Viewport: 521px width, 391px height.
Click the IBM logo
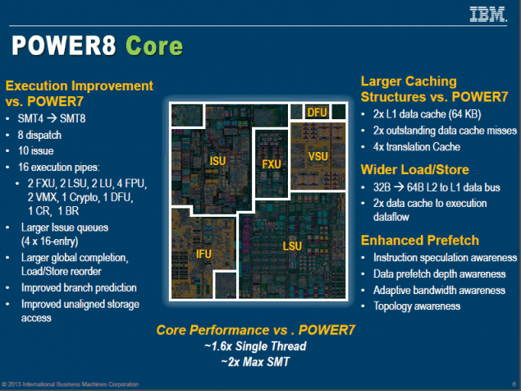[x=488, y=14]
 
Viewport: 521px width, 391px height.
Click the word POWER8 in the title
[x=64, y=45]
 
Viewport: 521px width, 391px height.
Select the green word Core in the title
[x=154, y=45]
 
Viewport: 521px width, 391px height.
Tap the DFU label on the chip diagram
[x=317, y=113]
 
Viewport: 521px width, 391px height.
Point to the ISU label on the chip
[x=217, y=161]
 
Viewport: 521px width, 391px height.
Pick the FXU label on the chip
[x=272, y=164]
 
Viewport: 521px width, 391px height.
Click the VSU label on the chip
[x=318, y=156]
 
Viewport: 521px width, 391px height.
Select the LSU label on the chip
[x=292, y=246]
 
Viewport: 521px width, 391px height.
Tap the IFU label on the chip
[x=203, y=254]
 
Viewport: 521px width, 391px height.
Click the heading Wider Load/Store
[x=415, y=170]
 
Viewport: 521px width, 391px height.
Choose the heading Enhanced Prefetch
[x=420, y=240]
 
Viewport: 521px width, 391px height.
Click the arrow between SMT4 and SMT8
[x=52, y=118]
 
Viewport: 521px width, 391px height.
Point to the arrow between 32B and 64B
[x=399, y=187]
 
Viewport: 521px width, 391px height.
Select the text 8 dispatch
[x=39, y=135]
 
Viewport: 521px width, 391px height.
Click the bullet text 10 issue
[x=35, y=151]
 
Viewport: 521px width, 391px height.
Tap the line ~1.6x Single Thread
[x=255, y=347]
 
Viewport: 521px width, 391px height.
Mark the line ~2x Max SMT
[x=255, y=361]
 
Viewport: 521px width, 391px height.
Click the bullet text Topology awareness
[x=417, y=306]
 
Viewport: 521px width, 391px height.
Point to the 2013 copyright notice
[x=70, y=384]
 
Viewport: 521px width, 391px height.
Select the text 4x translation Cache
[x=417, y=147]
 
